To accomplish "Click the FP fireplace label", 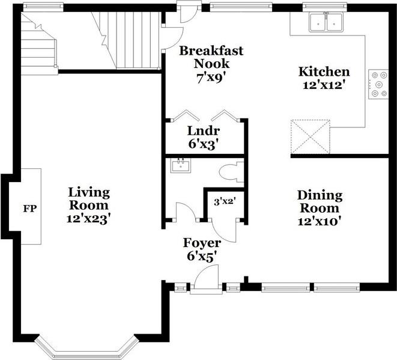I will click(x=29, y=209).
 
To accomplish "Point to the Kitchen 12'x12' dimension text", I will click(x=324, y=85).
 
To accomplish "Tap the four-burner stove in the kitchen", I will click(x=378, y=84).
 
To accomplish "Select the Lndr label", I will click(x=203, y=131).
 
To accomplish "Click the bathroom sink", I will click(x=180, y=165).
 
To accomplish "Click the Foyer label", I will click(x=202, y=243).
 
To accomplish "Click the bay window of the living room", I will click(x=84, y=348).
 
